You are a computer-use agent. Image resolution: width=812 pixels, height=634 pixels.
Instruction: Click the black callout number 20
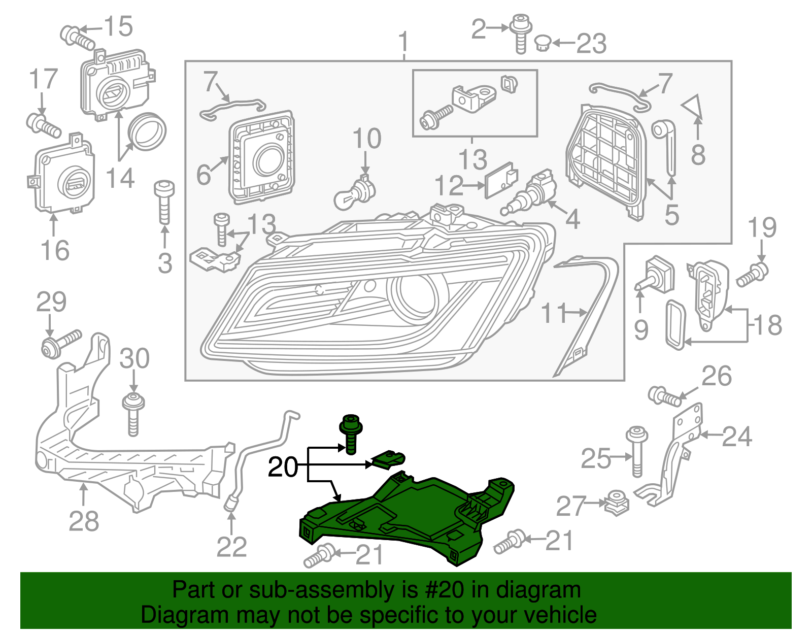coord(283,466)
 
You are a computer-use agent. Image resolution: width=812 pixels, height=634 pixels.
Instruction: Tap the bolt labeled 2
coord(520,32)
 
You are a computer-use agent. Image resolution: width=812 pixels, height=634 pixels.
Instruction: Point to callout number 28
coord(84,521)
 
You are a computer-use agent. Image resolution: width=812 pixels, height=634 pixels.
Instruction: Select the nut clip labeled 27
coord(617,502)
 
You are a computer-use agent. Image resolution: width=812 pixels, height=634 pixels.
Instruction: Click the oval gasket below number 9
coord(675,324)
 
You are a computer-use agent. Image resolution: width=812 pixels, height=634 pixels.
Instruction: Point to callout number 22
coord(231,547)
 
